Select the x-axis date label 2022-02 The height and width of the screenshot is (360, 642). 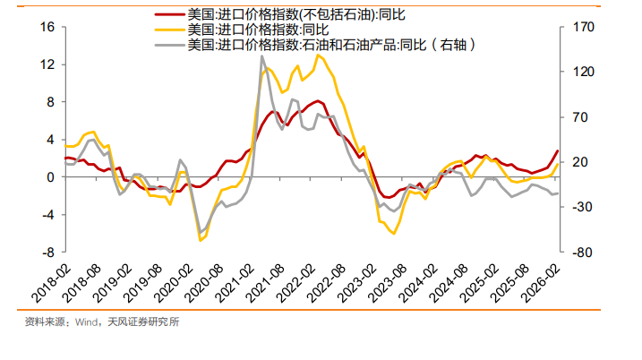click(301, 279)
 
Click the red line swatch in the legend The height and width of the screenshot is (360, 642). click(167, 14)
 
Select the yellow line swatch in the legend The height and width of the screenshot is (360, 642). click(167, 29)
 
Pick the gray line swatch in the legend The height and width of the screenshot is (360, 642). click(167, 44)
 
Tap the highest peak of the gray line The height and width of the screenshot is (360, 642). click(262, 56)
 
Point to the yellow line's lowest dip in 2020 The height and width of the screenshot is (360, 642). click(201, 240)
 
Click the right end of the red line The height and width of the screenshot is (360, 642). click(558, 150)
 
